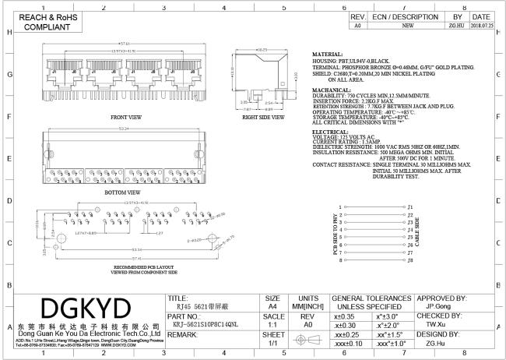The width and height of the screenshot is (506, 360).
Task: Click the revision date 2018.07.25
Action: [481, 25]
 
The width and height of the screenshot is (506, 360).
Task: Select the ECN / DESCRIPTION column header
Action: [404, 16]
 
